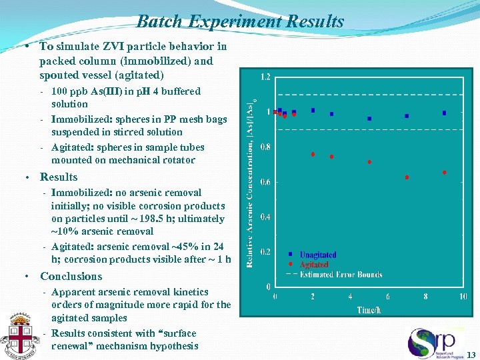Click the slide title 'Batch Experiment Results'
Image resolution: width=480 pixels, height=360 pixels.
(240, 21)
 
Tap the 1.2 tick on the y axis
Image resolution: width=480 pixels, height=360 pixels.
(265, 77)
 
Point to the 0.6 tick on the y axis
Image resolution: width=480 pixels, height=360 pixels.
(265, 182)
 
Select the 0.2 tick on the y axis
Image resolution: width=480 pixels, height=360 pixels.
(265, 252)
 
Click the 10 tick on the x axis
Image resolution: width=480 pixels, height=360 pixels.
(462, 297)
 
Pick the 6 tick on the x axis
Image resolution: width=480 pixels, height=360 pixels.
(387, 297)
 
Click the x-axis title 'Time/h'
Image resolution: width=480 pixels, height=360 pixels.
(367, 309)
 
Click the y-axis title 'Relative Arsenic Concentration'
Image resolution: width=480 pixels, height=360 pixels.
(251, 180)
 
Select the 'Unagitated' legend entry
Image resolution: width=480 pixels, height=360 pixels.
(317, 255)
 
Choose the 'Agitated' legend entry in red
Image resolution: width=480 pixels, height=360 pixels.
(313, 265)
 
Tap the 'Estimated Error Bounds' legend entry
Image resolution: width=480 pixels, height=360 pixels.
(341, 274)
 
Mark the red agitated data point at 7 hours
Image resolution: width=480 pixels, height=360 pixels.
(407, 177)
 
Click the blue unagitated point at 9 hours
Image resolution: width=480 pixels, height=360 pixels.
(444, 113)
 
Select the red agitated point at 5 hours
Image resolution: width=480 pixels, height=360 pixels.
(369, 162)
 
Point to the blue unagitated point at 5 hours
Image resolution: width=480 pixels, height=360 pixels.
(369, 119)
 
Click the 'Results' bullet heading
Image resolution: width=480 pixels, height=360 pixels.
(59, 177)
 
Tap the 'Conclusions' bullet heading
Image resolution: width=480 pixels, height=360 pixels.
(71, 276)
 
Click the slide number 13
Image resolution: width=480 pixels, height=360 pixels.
(471, 354)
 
